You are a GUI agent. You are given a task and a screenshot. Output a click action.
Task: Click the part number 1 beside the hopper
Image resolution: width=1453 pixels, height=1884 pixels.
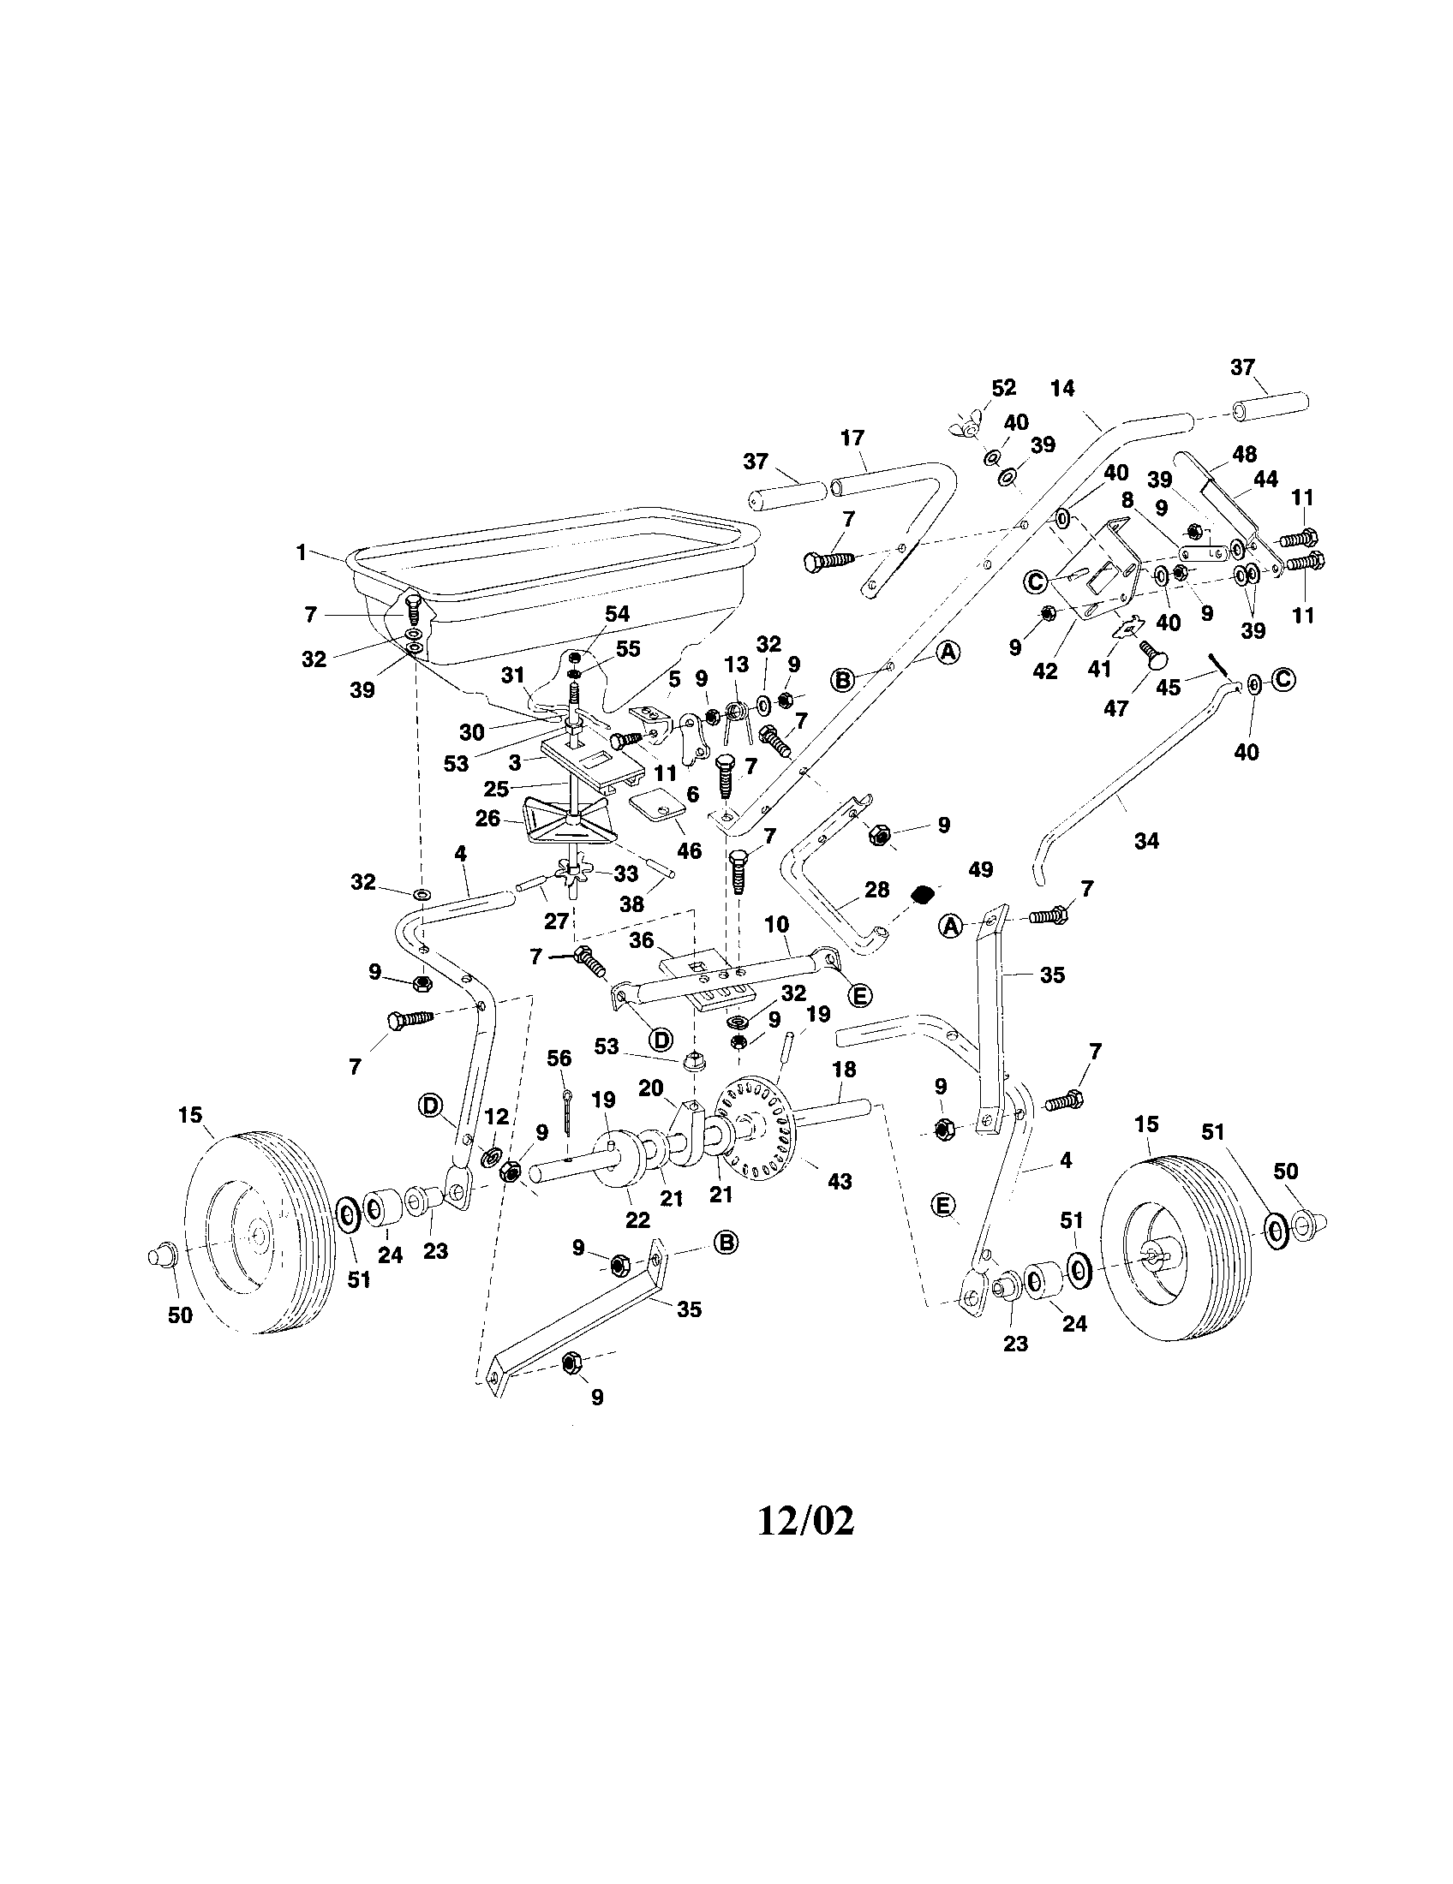tap(301, 552)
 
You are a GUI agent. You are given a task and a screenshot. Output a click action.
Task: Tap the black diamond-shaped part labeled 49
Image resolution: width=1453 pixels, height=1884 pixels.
tap(924, 894)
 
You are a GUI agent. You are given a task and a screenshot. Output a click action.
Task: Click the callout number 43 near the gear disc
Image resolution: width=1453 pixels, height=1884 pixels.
tap(840, 1181)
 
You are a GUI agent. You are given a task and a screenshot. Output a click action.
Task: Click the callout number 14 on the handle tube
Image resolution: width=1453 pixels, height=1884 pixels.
tap(1063, 388)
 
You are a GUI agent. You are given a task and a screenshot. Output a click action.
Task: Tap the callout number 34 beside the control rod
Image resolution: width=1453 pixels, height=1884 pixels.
tap(1145, 840)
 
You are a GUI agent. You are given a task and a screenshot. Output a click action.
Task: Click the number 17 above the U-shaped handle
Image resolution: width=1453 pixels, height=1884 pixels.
tap(852, 438)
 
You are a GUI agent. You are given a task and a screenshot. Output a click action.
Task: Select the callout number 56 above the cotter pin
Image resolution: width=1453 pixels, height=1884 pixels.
tap(559, 1058)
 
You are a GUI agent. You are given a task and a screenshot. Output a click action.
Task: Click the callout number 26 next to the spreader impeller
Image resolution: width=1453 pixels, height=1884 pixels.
tap(487, 818)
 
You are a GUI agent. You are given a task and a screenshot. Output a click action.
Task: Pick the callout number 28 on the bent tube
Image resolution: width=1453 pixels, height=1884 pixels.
tap(876, 890)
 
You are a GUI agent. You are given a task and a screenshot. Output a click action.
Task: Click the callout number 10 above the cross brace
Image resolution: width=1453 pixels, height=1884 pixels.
tap(776, 925)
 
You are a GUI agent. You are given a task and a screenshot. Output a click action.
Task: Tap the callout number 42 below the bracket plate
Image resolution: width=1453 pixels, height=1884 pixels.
tap(1045, 671)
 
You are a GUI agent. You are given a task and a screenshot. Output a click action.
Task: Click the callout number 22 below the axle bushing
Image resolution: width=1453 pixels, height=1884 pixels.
tap(637, 1219)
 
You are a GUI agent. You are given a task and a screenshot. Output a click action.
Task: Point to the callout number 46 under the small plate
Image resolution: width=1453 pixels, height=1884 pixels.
tap(689, 850)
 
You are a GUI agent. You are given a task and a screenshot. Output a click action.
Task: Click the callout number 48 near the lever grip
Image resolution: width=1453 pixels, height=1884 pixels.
tap(1244, 454)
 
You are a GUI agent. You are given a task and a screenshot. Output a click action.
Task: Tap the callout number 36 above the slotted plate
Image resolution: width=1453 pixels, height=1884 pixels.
tap(641, 940)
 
